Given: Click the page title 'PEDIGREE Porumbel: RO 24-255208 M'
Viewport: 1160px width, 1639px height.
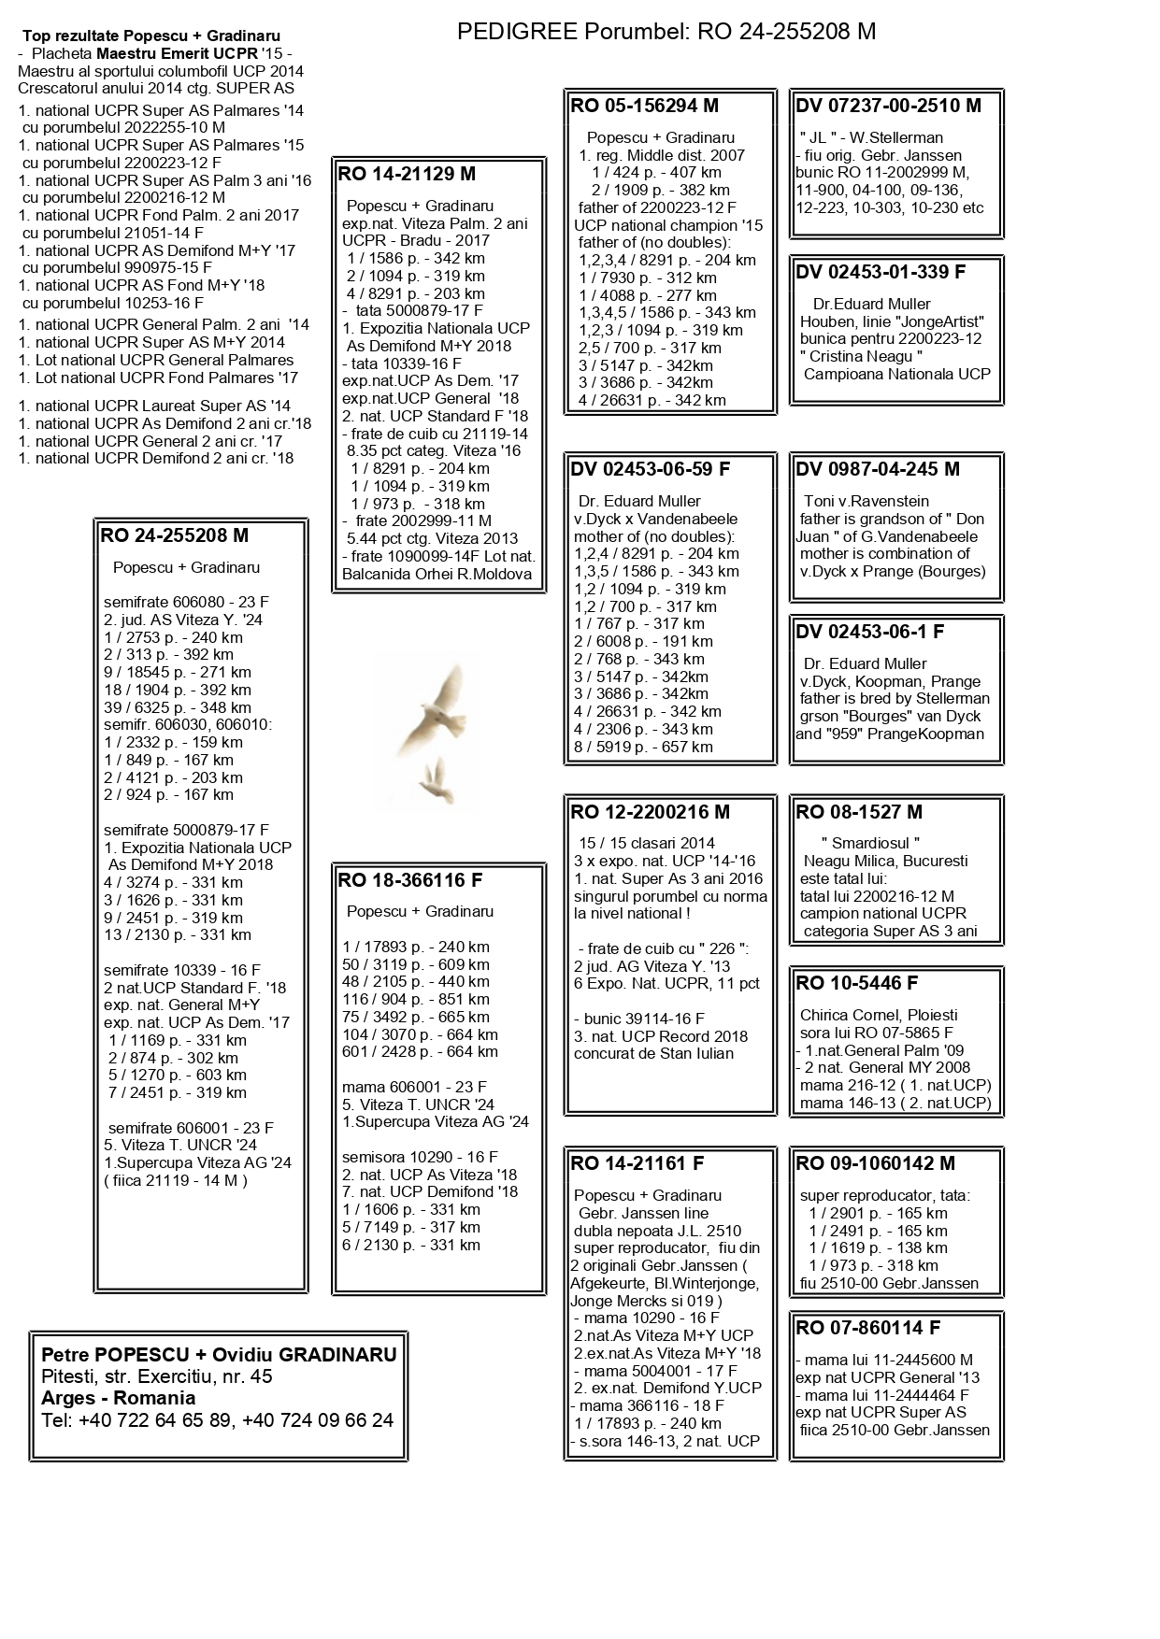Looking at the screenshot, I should click(666, 32).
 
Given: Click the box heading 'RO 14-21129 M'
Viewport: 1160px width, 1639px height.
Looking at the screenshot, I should click(407, 174).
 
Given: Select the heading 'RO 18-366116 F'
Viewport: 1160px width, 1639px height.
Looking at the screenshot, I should click(410, 880).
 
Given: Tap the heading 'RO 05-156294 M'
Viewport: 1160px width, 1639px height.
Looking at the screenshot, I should click(644, 106).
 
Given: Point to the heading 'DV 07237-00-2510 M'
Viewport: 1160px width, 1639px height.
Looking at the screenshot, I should click(888, 106).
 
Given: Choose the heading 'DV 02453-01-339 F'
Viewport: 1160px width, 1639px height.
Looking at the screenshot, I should click(881, 272).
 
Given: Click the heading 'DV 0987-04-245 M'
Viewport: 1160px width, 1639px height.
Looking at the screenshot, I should click(878, 469).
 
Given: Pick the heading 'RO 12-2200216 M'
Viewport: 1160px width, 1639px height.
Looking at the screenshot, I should click(650, 812).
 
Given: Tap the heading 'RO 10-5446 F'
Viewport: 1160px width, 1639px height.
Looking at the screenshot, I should click(857, 983).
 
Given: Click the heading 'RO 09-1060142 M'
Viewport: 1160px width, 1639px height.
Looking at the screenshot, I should click(875, 1163).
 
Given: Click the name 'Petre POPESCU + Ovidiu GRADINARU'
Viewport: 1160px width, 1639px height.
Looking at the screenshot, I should click(219, 1355).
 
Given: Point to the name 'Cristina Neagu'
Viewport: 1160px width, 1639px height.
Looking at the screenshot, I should click(861, 356).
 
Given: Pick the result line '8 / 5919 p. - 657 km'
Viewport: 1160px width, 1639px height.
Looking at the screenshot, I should click(643, 747).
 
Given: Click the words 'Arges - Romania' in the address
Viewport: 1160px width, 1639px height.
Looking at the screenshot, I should click(119, 1398).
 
